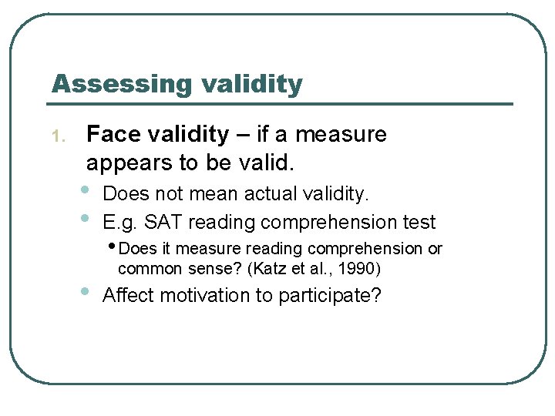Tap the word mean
pyautogui.click(x=200, y=193)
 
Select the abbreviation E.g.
pyautogui.click(x=120, y=223)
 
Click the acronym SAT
pyautogui.click(x=163, y=223)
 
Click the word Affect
pyautogui.click(x=128, y=295)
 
